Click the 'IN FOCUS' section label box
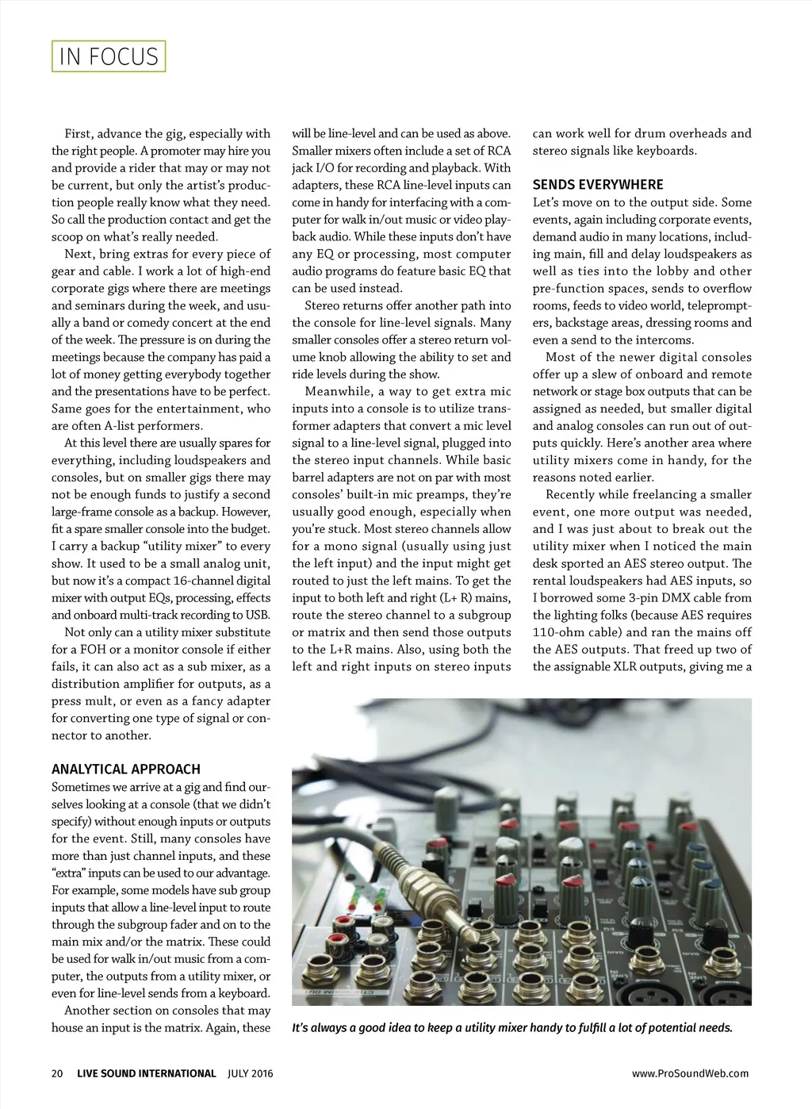click(109, 56)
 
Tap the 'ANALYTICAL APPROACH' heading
click(125, 769)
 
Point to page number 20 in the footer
click(56, 1073)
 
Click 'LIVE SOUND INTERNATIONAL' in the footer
click(147, 1073)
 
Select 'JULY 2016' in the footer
click(250, 1073)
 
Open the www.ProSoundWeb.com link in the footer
click(690, 1073)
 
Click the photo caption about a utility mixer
click(511, 1028)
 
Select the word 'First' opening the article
click(78, 133)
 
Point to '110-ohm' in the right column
click(557, 632)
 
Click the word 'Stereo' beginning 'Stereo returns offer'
click(324, 305)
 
